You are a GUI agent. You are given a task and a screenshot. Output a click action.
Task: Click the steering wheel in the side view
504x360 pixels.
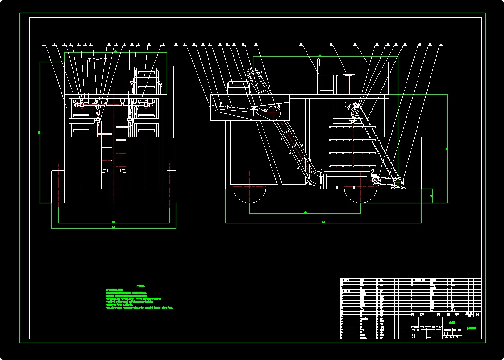pyautogui.click(x=349, y=75)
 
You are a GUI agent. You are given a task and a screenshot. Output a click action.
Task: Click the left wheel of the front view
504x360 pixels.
pyautogui.click(x=58, y=186)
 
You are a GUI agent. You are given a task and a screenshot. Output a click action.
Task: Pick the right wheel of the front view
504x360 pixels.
pyautogui.click(x=169, y=186)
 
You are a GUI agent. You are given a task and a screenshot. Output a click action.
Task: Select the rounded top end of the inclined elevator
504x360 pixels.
pyautogui.click(x=253, y=73)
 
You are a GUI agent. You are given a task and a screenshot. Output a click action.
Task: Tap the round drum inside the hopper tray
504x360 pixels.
pyautogui.click(x=274, y=112)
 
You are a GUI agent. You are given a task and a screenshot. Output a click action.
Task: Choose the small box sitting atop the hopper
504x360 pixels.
pyautogui.click(x=239, y=88)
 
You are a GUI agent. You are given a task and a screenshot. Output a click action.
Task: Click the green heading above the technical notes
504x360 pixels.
pyautogui.click(x=140, y=286)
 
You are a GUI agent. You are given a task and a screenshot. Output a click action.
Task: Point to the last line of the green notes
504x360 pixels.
pyautogui.click(x=139, y=307)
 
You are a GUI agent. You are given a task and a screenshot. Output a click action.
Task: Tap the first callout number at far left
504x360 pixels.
pyautogui.click(x=43, y=44)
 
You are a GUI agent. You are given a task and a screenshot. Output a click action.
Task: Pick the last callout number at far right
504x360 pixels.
pyautogui.click(x=441, y=44)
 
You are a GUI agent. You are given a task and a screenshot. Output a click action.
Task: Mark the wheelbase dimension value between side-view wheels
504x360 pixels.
pyautogui.click(x=305, y=212)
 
